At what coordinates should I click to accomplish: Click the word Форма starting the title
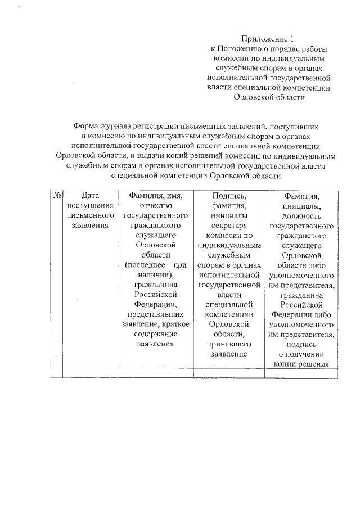pos(85,126)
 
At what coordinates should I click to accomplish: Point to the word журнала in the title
pos(121,126)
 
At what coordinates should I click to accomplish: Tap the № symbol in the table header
pos(56,196)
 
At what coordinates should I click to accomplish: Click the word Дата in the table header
pos(90,196)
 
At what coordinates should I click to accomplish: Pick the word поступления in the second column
pos(90,206)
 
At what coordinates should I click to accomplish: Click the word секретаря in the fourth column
pos(229,226)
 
